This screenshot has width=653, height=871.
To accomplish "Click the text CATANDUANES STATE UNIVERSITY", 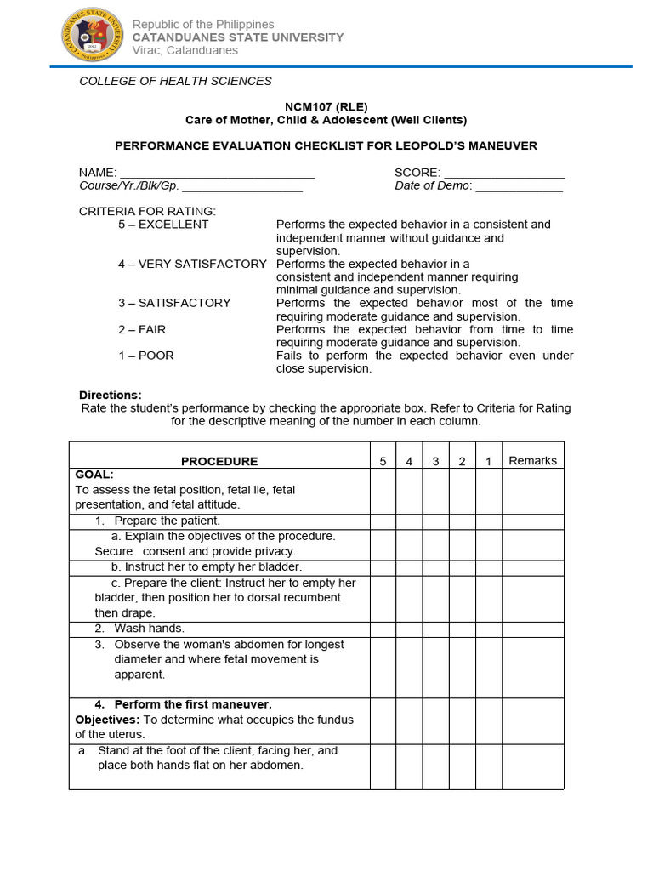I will (x=237, y=37).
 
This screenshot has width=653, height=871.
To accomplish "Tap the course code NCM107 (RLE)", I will (x=326, y=106).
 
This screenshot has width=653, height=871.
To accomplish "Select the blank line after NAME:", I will (x=218, y=173).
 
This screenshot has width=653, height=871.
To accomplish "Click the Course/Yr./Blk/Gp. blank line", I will (x=242, y=186).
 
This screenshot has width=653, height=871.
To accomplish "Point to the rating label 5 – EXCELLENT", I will (x=163, y=225).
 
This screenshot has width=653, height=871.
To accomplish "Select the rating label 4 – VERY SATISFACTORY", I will (x=192, y=264).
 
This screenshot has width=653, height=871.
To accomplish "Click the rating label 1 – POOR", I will (x=145, y=356).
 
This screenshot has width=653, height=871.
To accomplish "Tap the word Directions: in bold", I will (x=111, y=395).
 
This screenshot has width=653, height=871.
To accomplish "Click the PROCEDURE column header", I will (x=219, y=461).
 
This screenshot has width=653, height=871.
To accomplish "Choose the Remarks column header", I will (x=532, y=461).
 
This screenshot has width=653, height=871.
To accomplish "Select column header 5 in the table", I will (x=383, y=461).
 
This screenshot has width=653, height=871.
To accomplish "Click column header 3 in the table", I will (x=435, y=461).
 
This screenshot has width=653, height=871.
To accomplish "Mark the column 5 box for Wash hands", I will (x=383, y=629).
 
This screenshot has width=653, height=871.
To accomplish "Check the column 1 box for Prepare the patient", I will (x=488, y=521).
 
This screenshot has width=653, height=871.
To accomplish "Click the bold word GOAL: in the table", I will (x=94, y=475).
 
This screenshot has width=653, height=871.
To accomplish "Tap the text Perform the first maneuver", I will (x=193, y=704).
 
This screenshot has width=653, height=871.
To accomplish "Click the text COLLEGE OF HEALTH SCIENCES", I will (x=175, y=81).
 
